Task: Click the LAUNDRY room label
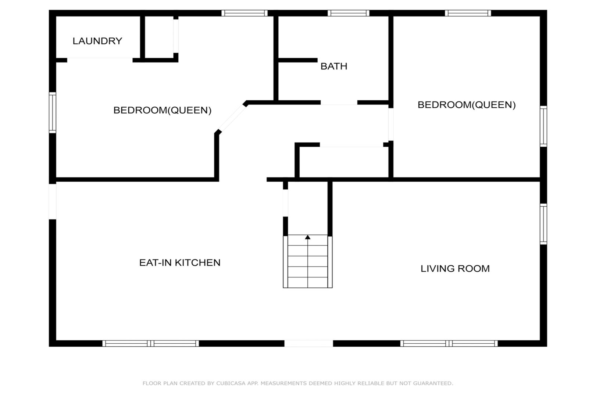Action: pyautogui.click(x=97, y=41)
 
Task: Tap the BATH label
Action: pyautogui.click(x=334, y=66)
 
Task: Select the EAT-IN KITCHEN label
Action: pyautogui.click(x=180, y=262)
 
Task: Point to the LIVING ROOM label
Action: pyautogui.click(x=455, y=268)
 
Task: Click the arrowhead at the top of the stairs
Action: pyautogui.click(x=308, y=237)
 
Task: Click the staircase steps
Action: pyautogui.click(x=308, y=261)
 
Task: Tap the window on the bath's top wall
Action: pyautogui.click(x=348, y=13)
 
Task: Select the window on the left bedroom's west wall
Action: pyautogui.click(x=53, y=112)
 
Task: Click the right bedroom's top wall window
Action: pyautogui.click(x=468, y=13)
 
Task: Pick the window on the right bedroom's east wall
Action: pyautogui.click(x=543, y=126)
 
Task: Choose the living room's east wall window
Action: pyautogui.click(x=543, y=224)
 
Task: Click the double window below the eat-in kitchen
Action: pyautogui.click(x=151, y=343)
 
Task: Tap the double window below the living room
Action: pyautogui.click(x=449, y=343)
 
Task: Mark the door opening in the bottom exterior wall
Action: pyautogui.click(x=308, y=343)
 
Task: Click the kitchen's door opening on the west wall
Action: pyautogui.click(x=53, y=201)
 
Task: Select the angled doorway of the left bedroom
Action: pyautogui.click(x=232, y=118)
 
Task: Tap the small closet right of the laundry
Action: pyautogui.click(x=159, y=37)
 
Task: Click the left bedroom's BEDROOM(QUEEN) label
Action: pyautogui.click(x=162, y=110)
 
